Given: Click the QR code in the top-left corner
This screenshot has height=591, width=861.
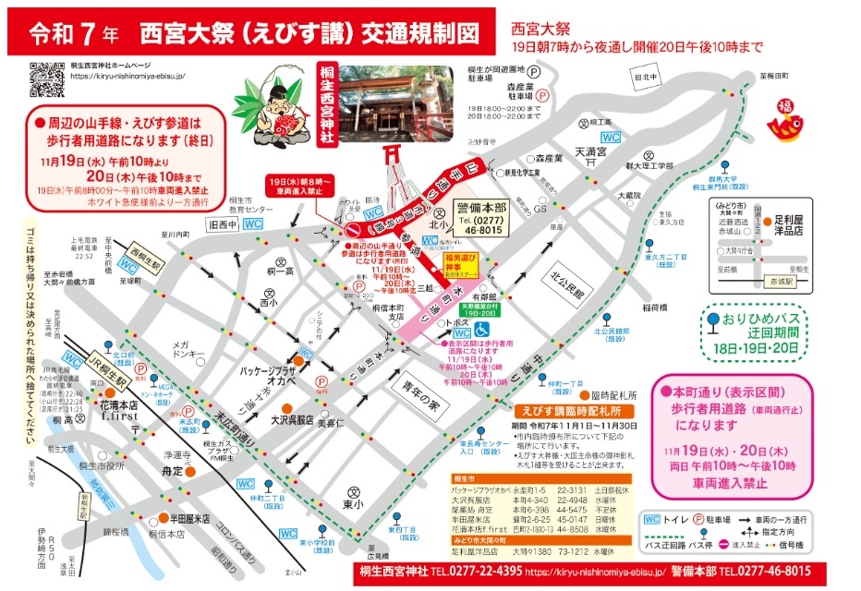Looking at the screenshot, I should coord(46,79).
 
